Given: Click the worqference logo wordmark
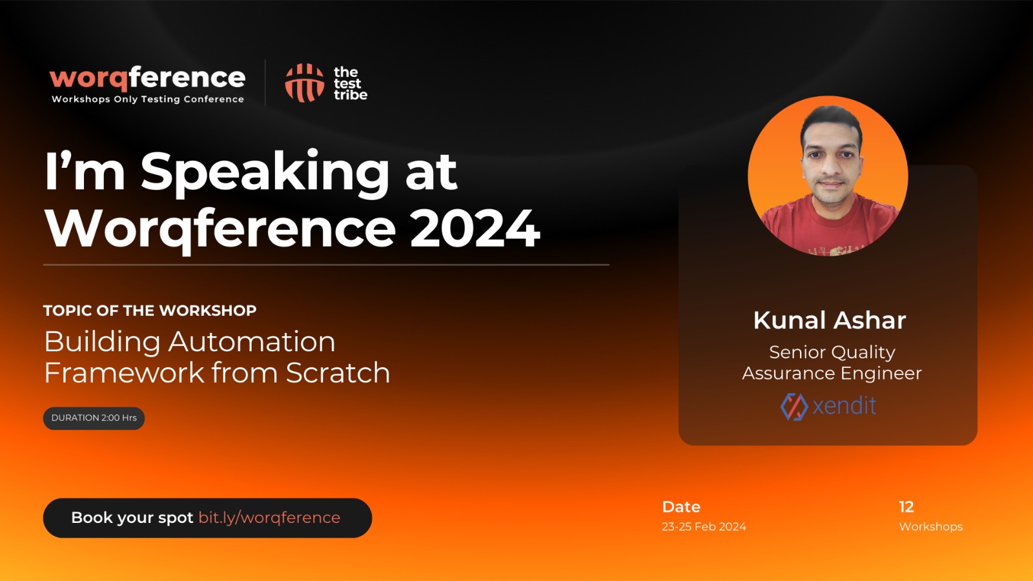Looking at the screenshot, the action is click(x=148, y=78).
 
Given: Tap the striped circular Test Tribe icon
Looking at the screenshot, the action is click(x=304, y=83).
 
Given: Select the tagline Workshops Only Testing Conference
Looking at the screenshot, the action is click(x=148, y=99).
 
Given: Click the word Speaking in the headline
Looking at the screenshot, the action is click(x=265, y=174).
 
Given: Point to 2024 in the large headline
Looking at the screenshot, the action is click(x=475, y=229).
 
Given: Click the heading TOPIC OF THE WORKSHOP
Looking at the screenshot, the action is click(x=150, y=311).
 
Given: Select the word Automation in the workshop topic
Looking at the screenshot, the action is click(x=251, y=342).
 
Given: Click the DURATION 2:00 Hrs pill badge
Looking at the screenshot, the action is click(x=94, y=418).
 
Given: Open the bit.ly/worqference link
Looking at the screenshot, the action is click(x=269, y=518).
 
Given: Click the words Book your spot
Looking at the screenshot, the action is click(x=132, y=518).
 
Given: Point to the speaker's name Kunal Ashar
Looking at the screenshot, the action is click(x=829, y=320).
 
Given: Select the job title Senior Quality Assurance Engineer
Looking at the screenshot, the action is click(x=832, y=362).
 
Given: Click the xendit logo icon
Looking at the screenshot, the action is click(x=794, y=407).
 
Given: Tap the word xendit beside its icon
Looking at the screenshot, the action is click(x=844, y=406).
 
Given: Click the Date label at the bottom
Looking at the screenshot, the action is click(x=681, y=507).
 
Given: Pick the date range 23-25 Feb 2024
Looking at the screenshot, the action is click(x=704, y=527).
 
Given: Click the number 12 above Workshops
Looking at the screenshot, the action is click(x=906, y=507).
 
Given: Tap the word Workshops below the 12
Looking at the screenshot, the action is click(x=930, y=527).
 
